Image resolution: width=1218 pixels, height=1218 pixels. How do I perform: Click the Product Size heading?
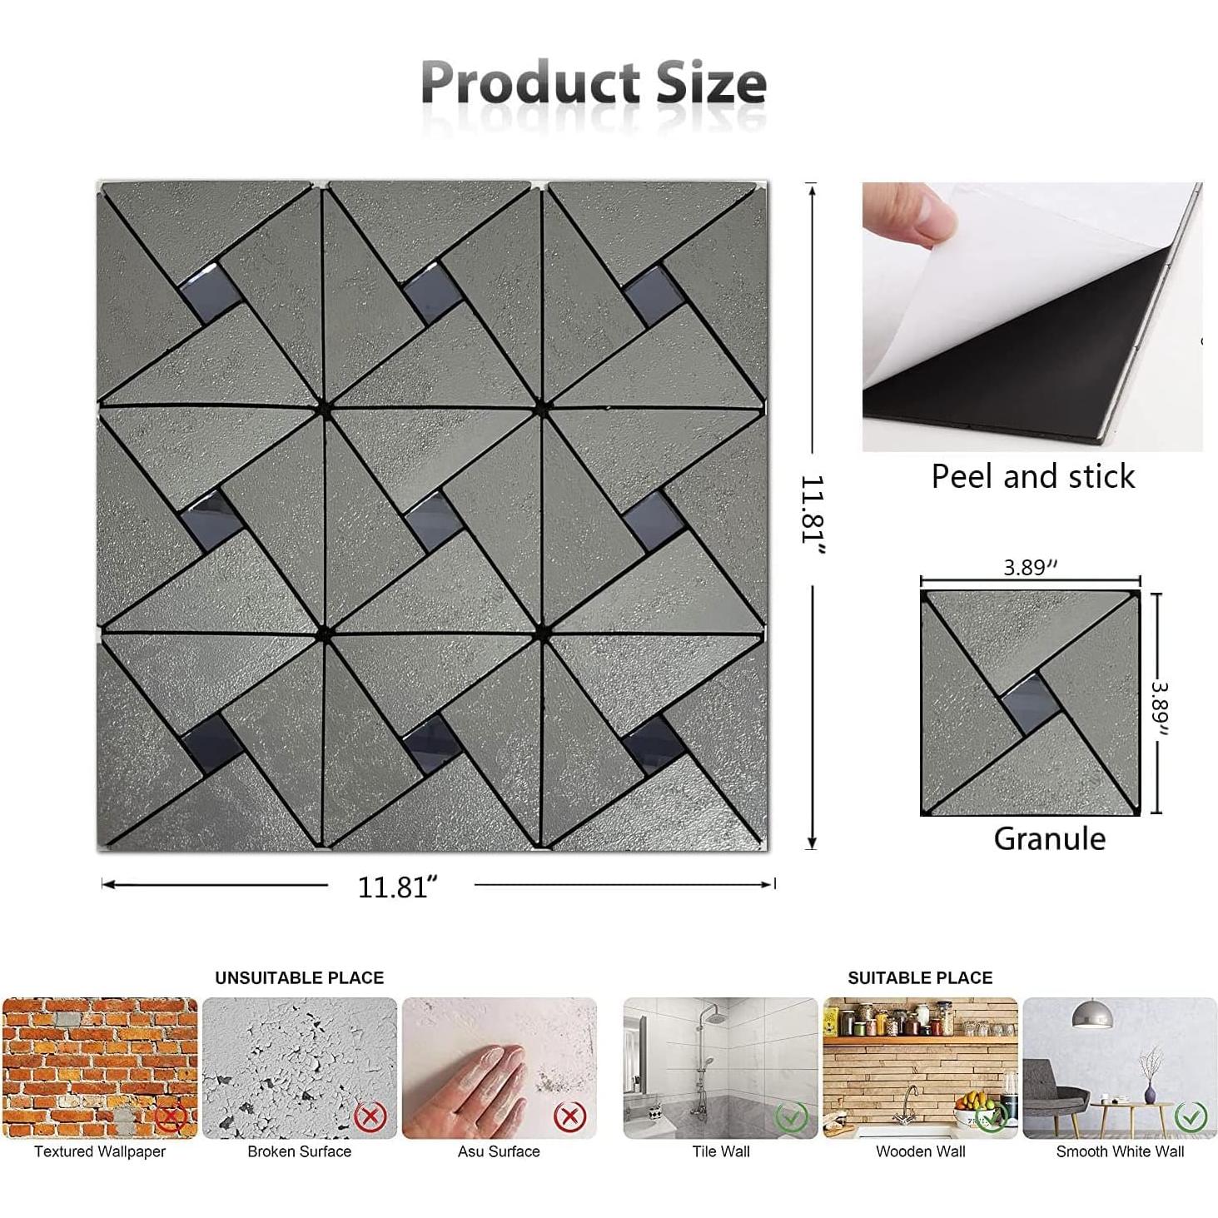pos(593,83)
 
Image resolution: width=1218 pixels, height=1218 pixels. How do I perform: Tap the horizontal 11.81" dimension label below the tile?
pos(398,887)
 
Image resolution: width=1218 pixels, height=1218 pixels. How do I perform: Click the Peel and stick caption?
pos(1032,476)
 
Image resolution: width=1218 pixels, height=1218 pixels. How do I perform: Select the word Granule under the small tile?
pos(1049,838)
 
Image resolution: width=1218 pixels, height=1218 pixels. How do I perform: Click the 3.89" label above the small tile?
pos(1030,568)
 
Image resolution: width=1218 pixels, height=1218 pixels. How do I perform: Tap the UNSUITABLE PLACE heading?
pos(300,977)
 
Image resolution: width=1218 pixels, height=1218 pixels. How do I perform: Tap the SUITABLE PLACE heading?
pos(920,977)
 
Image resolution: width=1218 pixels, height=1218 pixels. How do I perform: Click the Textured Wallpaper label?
pos(100,1151)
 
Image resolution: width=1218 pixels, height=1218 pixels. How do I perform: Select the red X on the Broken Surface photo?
pos(370,1116)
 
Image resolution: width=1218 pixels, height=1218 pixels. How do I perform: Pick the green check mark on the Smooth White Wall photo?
pos(1191,1116)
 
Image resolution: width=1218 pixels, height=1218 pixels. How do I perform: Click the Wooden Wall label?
pos(920,1151)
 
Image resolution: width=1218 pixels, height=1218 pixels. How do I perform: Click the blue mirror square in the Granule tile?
pos(1030,703)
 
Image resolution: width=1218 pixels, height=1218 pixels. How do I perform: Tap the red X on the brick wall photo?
pos(171,1116)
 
